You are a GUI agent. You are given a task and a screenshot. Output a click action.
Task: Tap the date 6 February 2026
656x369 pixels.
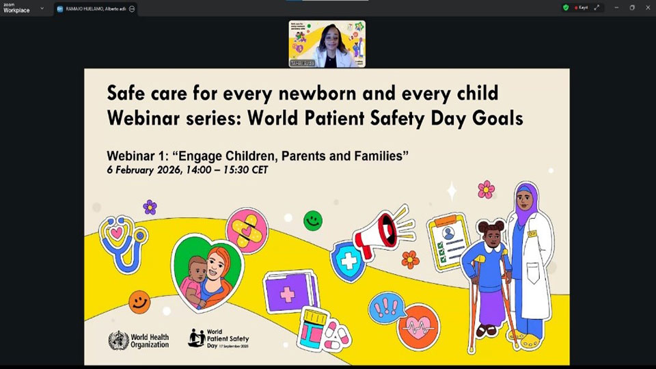(x=146, y=169)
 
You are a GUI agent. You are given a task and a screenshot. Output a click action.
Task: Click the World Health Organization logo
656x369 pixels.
(x=138, y=340)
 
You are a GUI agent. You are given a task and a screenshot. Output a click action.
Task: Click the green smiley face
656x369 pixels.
(x=313, y=220)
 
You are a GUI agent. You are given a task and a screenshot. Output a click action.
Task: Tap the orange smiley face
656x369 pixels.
(x=139, y=301)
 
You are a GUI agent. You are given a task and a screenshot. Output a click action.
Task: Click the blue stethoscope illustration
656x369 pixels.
(x=122, y=243)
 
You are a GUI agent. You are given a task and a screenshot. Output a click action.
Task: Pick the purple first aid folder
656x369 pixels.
(x=290, y=293)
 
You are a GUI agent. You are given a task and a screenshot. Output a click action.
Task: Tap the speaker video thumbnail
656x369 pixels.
(x=327, y=44)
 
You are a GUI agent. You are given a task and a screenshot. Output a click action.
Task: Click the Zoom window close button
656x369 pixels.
(x=647, y=8)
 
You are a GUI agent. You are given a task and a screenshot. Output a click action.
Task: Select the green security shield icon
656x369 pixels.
(x=566, y=8)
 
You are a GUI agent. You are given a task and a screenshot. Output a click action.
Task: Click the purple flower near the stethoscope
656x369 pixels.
(x=150, y=207)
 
